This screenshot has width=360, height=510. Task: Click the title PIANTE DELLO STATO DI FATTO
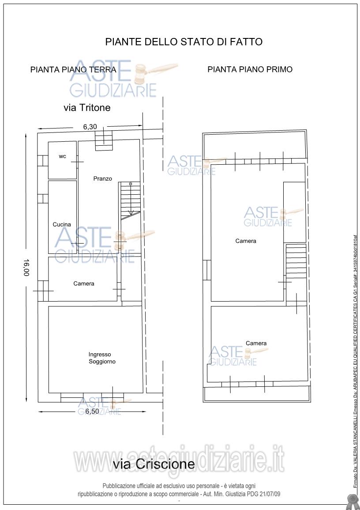(x=184, y=42)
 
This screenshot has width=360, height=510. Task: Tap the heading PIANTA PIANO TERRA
(x=73, y=70)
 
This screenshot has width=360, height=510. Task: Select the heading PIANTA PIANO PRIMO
(x=250, y=69)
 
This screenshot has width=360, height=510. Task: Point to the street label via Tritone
(x=87, y=107)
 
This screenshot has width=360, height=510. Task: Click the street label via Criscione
(x=154, y=464)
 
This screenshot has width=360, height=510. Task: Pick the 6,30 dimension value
(x=90, y=127)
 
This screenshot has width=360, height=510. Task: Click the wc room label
(x=62, y=156)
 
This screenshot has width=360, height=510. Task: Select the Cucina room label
(x=62, y=224)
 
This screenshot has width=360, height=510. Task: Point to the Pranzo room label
(x=103, y=178)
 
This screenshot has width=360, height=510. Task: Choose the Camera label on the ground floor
(x=84, y=283)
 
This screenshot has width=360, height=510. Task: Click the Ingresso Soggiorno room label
(x=102, y=358)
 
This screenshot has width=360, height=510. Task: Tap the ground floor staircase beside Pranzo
(x=130, y=200)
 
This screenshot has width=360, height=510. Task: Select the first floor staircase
(x=296, y=261)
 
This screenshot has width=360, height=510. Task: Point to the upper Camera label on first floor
(x=246, y=241)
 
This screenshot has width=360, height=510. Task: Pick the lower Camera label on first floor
(x=256, y=343)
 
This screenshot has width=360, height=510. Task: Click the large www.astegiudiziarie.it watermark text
(x=179, y=460)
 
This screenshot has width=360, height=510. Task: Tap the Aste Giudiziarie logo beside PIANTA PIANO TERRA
(x=124, y=78)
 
